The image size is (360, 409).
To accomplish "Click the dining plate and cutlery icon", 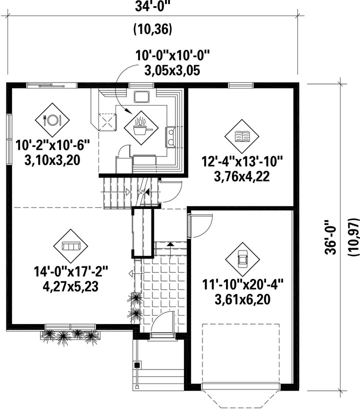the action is pyautogui.click(x=52, y=119).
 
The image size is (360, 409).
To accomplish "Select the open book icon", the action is pyautogui.click(x=242, y=136).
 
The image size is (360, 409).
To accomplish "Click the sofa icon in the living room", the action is pyautogui.click(x=70, y=246).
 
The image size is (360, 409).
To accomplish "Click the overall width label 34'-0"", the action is pyautogui.click(x=154, y=7).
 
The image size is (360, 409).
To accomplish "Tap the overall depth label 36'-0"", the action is pyautogui.click(x=331, y=237).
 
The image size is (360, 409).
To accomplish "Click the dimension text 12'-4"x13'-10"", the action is pyautogui.click(x=242, y=161).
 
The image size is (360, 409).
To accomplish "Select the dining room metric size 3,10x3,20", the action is pyautogui.click(x=52, y=160).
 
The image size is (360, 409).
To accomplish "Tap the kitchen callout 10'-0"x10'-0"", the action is pyautogui.click(x=172, y=55).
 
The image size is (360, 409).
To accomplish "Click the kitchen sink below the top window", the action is pyautogui.click(x=141, y=96).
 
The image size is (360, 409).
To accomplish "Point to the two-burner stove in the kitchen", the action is pyautogui.click(x=170, y=137).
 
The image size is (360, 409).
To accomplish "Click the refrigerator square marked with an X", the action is pyautogui.click(x=107, y=121).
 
